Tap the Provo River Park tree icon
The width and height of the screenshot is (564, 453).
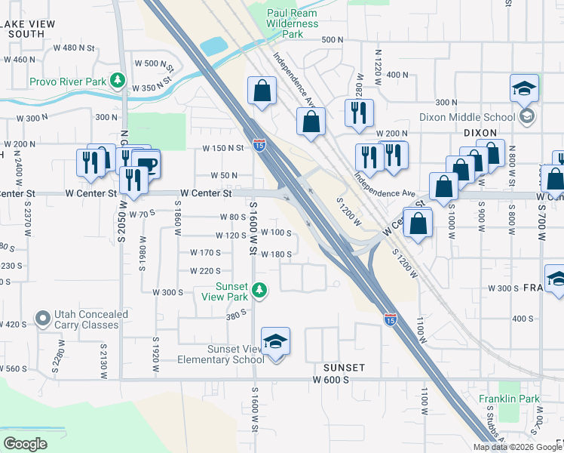point(117,80)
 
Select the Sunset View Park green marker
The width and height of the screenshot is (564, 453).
point(259,289)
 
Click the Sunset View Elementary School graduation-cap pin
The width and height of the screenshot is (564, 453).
point(276,343)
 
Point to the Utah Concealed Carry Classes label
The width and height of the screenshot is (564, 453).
point(86,319)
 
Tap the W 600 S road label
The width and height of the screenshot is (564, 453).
point(331,381)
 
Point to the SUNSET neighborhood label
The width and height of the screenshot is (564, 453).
point(344,368)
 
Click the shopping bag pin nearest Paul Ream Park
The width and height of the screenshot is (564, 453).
point(261,91)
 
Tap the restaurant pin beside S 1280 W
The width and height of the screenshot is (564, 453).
point(357,113)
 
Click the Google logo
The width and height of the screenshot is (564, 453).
point(25,444)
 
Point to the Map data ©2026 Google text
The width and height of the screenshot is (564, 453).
point(517,447)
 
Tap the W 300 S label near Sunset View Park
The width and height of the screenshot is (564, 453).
point(168,291)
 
